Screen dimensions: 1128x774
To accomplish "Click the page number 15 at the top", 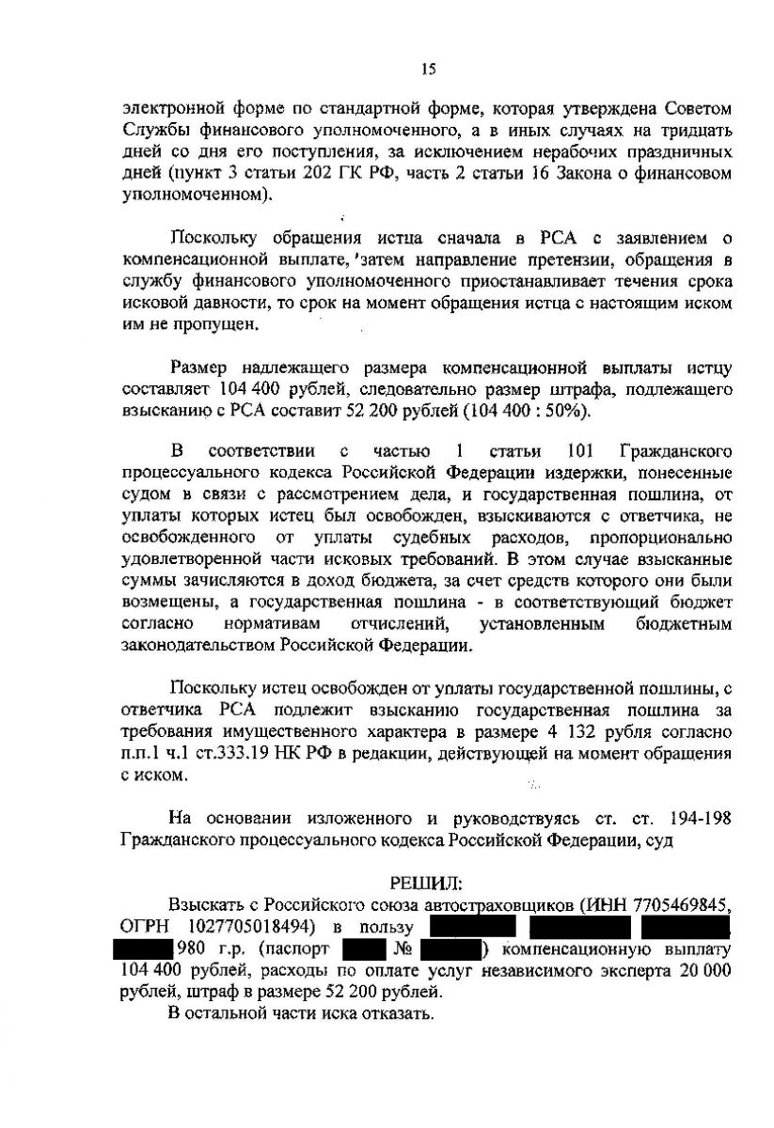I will [428, 67].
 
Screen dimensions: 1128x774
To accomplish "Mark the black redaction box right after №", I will [450, 949].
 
